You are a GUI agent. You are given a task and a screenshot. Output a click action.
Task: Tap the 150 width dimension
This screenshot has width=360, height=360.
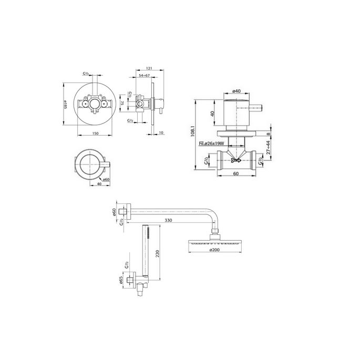tap(96, 133)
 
